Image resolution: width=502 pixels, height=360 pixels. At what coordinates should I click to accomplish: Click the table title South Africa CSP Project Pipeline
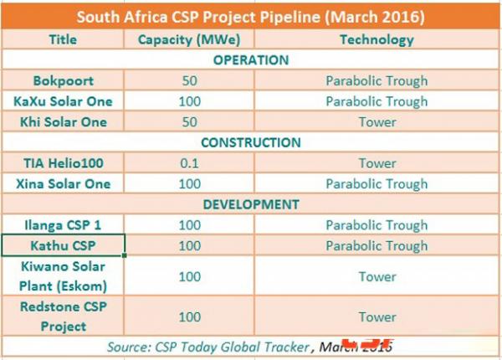[x=251, y=17]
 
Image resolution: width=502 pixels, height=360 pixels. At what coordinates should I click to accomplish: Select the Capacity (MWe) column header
[x=189, y=39]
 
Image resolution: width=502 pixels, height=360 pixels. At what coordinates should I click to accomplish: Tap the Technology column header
[x=376, y=39]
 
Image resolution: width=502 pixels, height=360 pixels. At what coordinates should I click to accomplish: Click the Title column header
[x=63, y=39]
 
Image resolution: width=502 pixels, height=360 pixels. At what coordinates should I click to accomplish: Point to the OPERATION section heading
[x=251, y=60]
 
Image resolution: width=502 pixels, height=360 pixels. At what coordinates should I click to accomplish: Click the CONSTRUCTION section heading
[x=251, y=142]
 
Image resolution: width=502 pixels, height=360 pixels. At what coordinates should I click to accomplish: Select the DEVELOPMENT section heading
[x=251, y=204]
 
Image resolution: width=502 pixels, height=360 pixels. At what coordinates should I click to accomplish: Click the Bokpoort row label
[x=64, y=80]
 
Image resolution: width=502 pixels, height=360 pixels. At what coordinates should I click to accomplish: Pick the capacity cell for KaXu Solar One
[x=190, y=101]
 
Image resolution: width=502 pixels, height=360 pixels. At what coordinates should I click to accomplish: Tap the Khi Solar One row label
[x=64, y=122]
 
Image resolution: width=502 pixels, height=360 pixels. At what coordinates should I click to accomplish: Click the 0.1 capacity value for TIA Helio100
[x=190, y=163]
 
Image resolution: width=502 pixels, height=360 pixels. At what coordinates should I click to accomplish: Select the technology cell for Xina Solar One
[x=376, y=184]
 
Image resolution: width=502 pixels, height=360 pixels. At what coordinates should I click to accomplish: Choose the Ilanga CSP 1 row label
[x=63, y=225]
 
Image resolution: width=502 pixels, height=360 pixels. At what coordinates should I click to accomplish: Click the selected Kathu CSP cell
[x=63, y=245]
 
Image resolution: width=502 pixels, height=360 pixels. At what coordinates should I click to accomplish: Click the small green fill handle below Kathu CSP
[x=124, y=255]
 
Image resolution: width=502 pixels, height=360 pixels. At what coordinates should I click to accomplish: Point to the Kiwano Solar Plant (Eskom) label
[x=63, y=276]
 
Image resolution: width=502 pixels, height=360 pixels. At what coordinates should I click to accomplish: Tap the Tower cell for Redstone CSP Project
[x=377, y=317]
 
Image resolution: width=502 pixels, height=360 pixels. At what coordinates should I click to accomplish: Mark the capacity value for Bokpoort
[x=190, y=80]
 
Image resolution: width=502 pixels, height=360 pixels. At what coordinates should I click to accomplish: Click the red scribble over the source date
[x=368, y=344]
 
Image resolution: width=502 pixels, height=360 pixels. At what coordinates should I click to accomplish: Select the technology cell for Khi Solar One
[x=377, y=122]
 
